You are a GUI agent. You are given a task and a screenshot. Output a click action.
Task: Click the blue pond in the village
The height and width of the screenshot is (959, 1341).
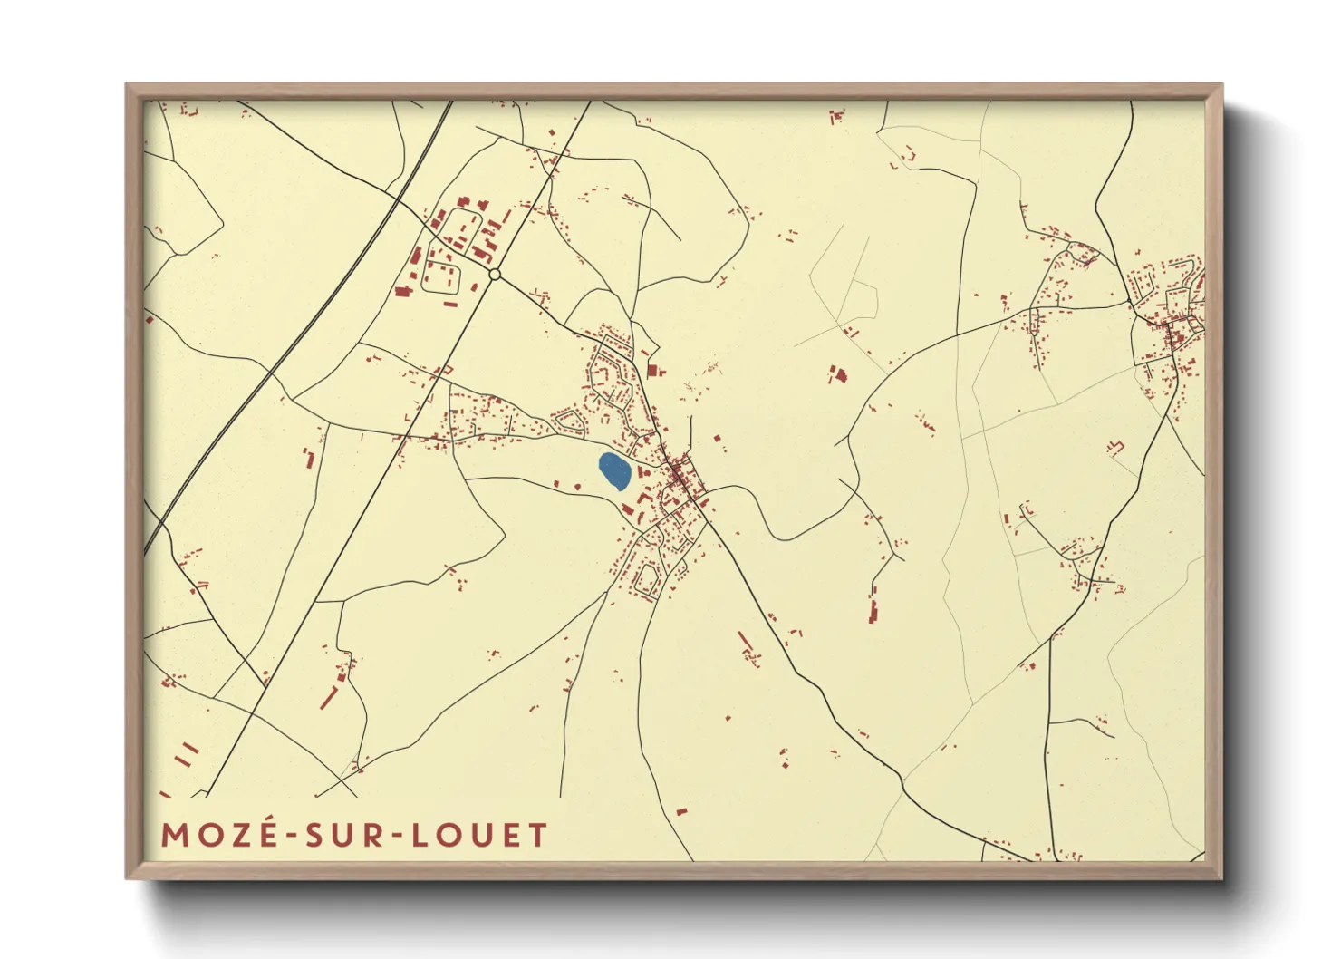click(x=615, y=471)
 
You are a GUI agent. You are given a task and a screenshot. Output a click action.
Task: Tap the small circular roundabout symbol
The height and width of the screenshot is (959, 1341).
click(x=495, y=274)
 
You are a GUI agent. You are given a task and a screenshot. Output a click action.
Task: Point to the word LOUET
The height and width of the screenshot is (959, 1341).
click(x=480, y=835)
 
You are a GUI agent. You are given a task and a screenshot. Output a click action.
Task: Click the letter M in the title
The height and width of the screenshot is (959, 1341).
click(x=174, y=835)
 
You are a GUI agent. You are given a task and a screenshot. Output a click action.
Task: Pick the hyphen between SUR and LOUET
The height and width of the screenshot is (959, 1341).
click(x=395, y=836)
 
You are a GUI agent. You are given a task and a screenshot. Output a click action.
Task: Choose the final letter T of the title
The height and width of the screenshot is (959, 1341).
click(x=538, y=835)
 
